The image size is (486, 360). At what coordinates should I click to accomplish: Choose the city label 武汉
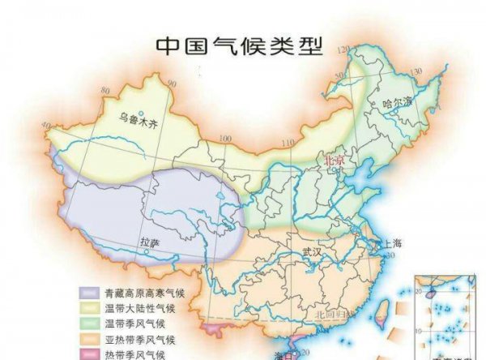[312, 252]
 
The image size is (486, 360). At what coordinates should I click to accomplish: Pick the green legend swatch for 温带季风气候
[88, 324]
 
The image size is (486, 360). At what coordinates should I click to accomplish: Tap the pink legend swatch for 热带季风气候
[88, 354]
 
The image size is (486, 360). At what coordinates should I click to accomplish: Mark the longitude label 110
[285, 144]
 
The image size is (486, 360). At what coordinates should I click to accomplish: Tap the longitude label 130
[420, 72]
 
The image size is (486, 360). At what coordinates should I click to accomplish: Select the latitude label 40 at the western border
[45, 126]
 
